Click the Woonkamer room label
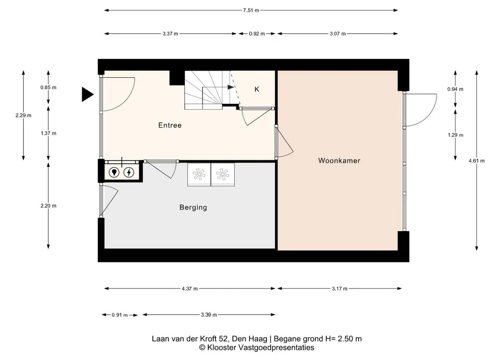(x=339, y=161)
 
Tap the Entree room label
(x=170, y=125)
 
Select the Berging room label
(x=193, y=207)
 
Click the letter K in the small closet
(x=257, y=89)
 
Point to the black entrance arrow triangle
(x=87, y=94)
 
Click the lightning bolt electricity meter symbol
(x=129, y=172)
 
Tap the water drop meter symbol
(x=114, y=172)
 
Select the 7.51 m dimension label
(x=251, y=10)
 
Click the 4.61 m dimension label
(x=476, y=161)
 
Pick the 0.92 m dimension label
(x=257, y=34)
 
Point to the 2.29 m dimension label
(x=23, y=115)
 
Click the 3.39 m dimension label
(x=209, y=315)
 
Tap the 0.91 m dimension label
(x=120, y=315)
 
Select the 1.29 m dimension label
(x=455, y=135)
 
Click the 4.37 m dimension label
(x=190, y=288)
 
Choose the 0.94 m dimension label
(x=455, y=89)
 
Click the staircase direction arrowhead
(x=231, y=87)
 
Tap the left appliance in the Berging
(x=199, y=175)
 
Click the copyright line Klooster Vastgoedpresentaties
(x=257, y=348)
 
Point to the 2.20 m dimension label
(x=48, y=206)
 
